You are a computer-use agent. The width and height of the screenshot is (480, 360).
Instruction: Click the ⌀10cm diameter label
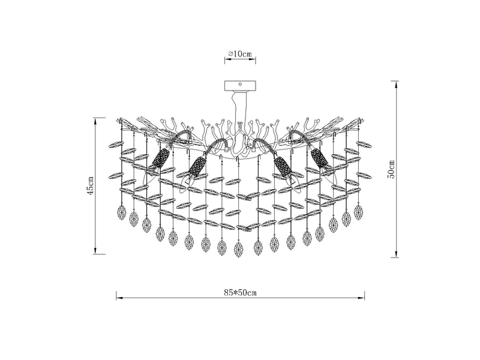pos(240,54)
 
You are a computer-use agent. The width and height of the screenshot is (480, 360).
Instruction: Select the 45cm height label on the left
pos(91,186)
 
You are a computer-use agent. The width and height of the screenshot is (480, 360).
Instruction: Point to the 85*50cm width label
pos(240,292)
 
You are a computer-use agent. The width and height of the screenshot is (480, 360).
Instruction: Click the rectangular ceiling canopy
pos(240,85)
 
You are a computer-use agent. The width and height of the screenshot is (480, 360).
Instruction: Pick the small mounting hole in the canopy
pos(240,85)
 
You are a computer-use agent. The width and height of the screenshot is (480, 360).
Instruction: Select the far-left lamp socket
pos(159,159)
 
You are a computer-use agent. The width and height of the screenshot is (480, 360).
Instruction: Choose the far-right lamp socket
pos(320,159)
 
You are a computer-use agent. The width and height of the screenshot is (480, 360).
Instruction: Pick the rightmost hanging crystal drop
pos(359,212)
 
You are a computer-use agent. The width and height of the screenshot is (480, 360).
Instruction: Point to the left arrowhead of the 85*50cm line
pos(118,298)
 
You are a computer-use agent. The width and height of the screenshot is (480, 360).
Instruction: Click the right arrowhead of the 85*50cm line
pos(364,298)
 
